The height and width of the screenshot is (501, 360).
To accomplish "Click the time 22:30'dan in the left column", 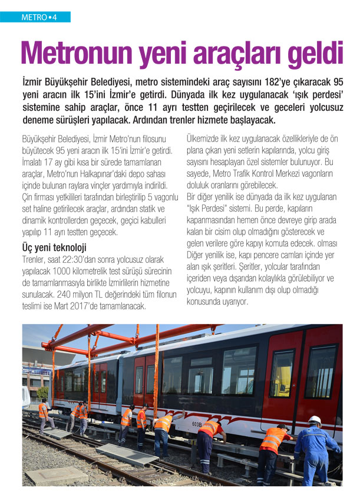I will (x=83, y=259).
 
